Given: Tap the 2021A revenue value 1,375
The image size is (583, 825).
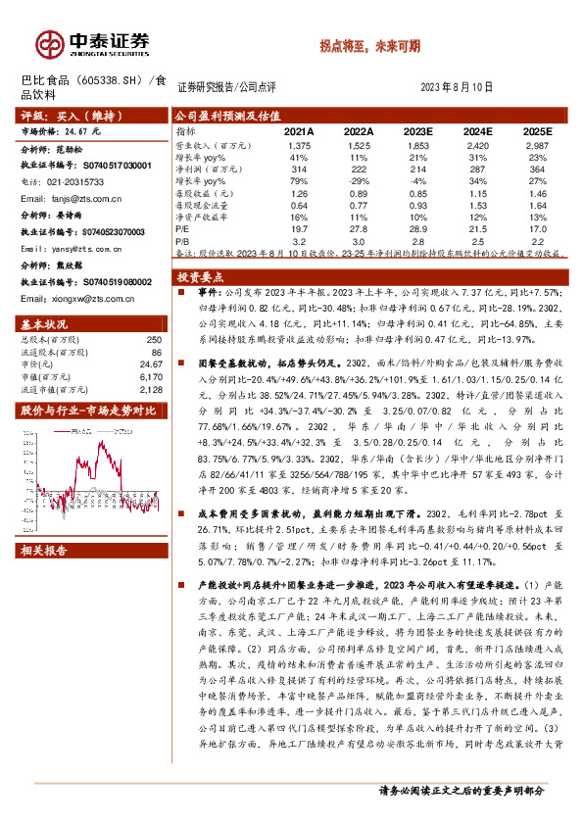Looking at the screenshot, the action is point(300,144).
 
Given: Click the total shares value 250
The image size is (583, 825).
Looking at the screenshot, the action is point(152,338).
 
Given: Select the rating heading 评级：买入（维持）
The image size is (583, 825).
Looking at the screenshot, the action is point(60,115).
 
